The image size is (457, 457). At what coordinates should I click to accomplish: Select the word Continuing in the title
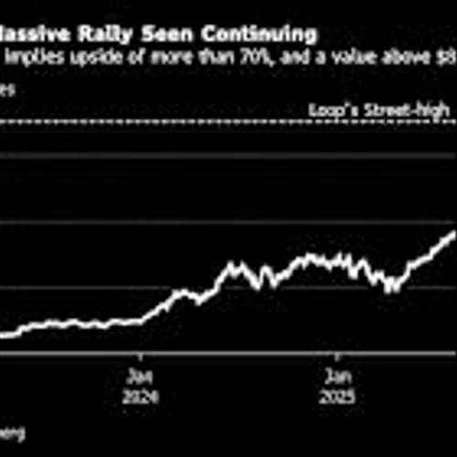[x=261, y=36]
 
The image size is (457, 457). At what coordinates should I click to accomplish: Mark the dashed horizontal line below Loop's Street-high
[x=228, y=122]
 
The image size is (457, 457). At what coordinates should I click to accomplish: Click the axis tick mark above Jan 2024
[x=140, y=357]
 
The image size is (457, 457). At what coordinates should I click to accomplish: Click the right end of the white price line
[x=454, y=232]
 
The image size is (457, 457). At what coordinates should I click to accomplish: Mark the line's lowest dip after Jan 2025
[x=391, y=292]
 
